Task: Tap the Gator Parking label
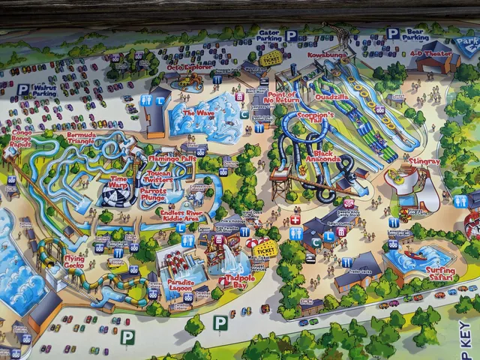click(268, 35)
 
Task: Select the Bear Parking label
click(415, 34)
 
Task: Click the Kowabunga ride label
click(325, 55)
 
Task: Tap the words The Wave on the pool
click(199, 113)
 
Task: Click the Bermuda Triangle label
click(82, 139)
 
